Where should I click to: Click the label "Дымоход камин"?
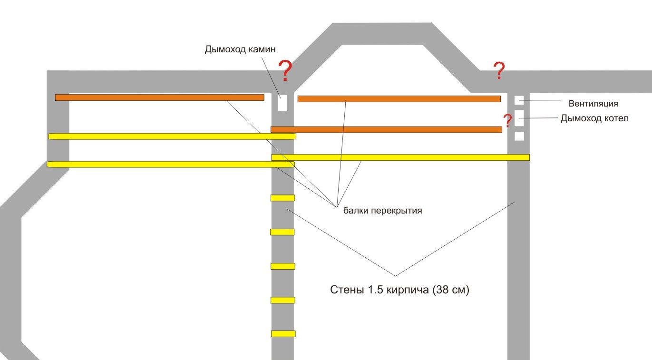point(240,49)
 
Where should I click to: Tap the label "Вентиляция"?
point(593,104)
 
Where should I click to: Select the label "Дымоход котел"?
point(594,118)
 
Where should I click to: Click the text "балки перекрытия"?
point(382,210)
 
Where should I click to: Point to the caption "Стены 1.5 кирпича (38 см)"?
point(399,290)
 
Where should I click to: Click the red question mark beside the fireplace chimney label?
point(285,71)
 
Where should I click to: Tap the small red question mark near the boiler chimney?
point(507,120)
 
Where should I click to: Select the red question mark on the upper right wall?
point(499,71)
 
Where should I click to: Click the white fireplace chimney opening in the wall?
point(282,103)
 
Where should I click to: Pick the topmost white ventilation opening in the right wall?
point(519,100)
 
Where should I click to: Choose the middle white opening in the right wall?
point(519,118)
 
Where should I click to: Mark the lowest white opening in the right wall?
point(519,136)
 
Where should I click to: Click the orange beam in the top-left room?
point(160,97)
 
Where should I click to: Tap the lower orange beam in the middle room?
point(387,129)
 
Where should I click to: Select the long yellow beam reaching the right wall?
point(400,157)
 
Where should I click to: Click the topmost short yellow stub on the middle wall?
point(282,198)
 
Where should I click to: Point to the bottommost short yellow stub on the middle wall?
point(283,334)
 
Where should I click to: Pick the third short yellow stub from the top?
point(283,266)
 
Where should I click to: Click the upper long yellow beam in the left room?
point(172,136)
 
